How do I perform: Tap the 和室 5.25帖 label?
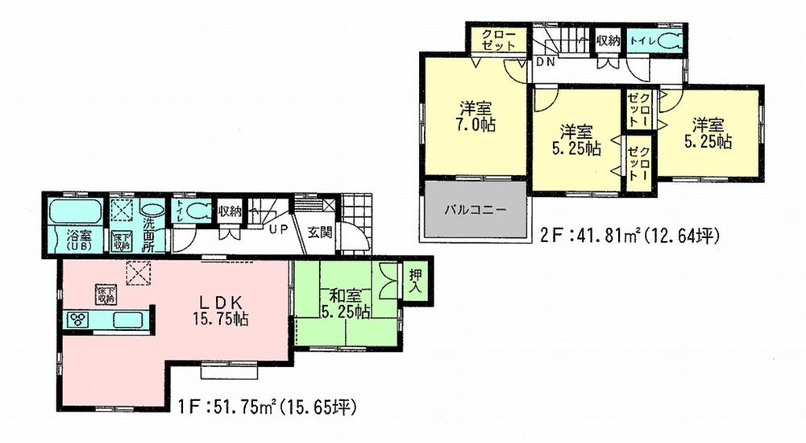(x=344, y=303)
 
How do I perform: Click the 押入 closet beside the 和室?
(x=416, y=280)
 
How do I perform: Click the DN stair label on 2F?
(x=545, y=61)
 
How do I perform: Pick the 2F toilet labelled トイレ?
(x=641, y=40)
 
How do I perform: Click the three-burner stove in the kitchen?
(x=79, y=319)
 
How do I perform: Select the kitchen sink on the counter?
(x=126, y=320)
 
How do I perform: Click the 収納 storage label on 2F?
(x=608, y=40)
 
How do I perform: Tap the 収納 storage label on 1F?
(x=230, y=211)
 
